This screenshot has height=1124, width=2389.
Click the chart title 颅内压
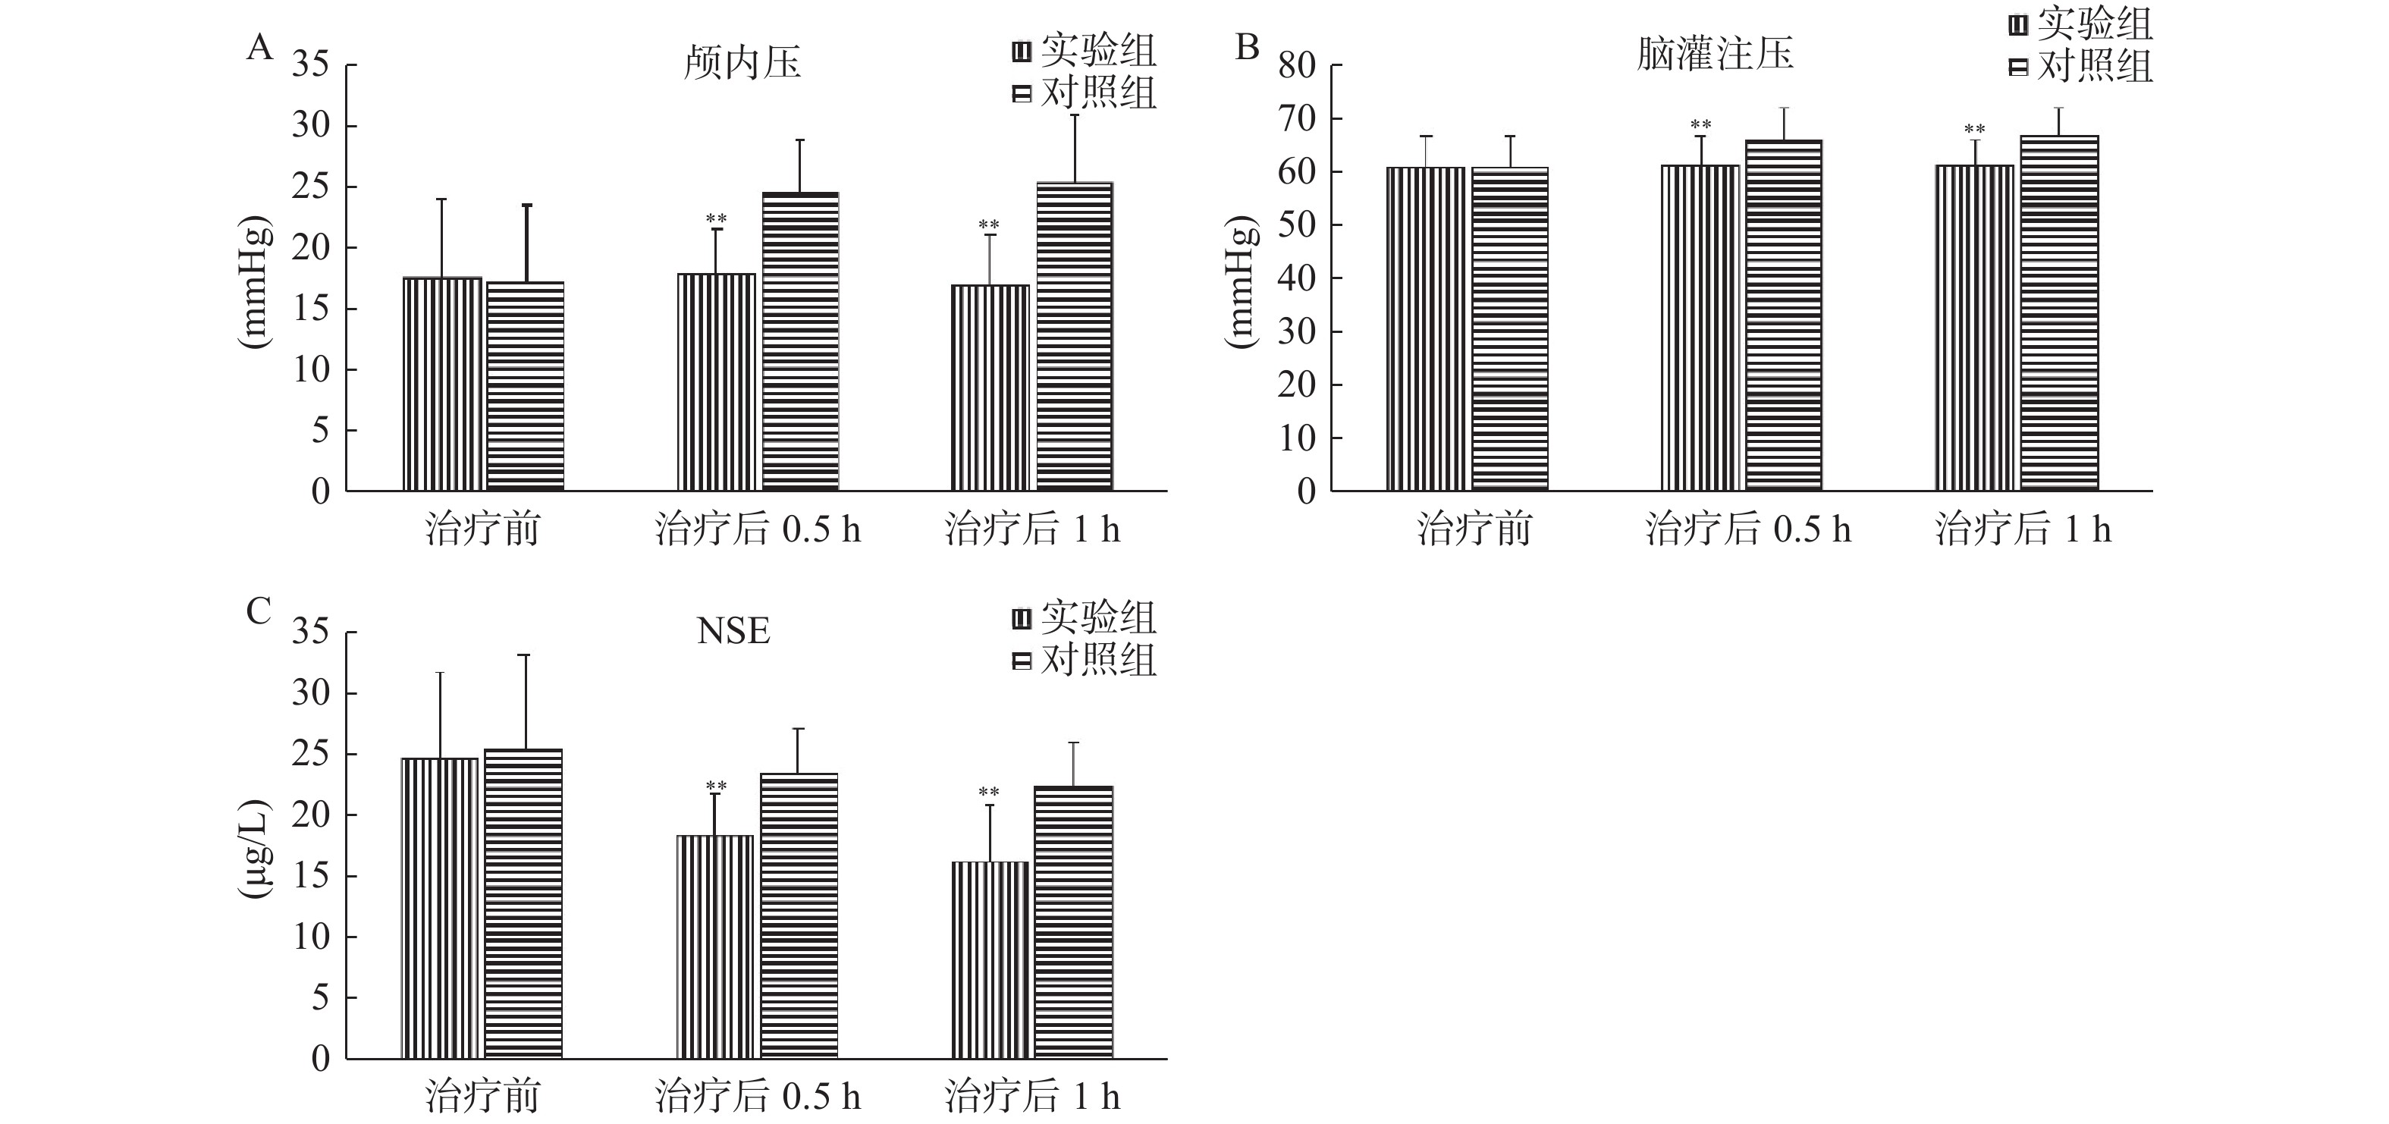tap(741, 64)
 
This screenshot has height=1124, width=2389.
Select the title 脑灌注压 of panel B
tap(1715, 54)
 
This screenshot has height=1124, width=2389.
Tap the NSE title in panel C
tap(733, 632)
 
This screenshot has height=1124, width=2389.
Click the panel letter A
tap(259, 47)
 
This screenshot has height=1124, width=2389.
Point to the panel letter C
tap(259, 611)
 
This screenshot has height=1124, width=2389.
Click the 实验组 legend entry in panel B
tap(2080, 25)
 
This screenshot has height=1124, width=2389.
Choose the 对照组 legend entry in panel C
tap(1085, 661)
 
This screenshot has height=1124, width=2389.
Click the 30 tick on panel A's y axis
tap(312, 126)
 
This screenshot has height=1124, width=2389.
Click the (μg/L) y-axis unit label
tap(254, 849)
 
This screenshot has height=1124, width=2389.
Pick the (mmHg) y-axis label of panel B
tap(1240, 282)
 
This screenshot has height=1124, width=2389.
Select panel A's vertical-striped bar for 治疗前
tap(441, 383)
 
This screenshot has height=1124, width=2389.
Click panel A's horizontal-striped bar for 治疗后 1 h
tap(1074, 336)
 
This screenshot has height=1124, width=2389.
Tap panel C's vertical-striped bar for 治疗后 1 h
tap(990, 960)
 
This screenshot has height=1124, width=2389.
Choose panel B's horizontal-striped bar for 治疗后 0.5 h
tap(1783, 315)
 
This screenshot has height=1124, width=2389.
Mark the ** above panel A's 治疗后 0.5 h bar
tap(716, 220)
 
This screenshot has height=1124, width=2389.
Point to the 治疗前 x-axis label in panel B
tap(1474, 529)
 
